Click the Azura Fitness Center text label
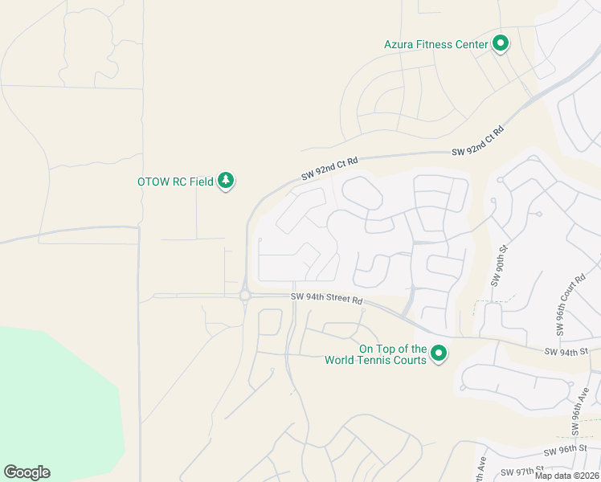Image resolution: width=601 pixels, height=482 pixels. click(435, 44)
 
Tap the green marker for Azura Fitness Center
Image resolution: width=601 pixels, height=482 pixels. click(501, 43)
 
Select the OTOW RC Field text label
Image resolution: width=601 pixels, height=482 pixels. click(175, 182)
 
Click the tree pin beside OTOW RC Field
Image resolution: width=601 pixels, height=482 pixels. click(227, 181)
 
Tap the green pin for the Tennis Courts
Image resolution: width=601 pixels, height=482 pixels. click(439, 353)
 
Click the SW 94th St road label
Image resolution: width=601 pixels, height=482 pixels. click(566, 351)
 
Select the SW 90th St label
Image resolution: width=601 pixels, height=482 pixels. click(496, 267)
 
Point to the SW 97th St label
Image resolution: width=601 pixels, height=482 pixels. click(522, 470)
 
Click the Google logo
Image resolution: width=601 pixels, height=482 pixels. click(27, 472)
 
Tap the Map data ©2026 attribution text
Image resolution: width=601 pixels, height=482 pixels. click(567, 476)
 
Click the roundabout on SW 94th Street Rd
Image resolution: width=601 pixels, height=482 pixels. click(244, 296)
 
